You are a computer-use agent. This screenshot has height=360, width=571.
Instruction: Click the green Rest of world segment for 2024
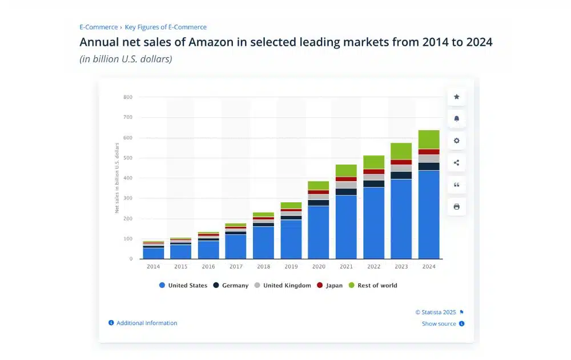tap(429, 139)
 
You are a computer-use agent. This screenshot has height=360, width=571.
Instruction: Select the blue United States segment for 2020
tap(319, 232)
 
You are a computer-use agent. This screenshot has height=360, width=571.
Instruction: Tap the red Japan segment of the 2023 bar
tap(401, 162)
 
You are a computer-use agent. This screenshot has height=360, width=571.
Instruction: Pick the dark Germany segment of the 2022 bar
tap(374, 183)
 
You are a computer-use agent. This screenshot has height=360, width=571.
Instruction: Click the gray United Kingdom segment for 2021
tap(346, 185)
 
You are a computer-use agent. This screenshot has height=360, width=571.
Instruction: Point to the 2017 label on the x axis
tap(235, 267)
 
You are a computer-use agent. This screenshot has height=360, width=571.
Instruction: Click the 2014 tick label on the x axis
tap(152, 267)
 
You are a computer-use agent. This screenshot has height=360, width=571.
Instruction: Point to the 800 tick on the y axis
tap(127, 97)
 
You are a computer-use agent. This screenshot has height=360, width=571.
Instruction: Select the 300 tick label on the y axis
tap(127, 198)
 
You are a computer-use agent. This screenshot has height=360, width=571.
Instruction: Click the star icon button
tap(456, 97)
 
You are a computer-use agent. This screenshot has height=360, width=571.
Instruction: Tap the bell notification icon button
tap(456, 119)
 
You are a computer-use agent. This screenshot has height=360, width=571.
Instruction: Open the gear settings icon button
tap(456, 141)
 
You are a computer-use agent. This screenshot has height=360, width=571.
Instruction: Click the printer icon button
tap(456, 206)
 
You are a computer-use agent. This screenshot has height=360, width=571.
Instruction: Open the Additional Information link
tap(147, 323)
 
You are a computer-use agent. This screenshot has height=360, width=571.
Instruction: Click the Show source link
tap(439, 323)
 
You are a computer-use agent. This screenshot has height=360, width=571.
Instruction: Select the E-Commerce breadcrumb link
tap(98, 27)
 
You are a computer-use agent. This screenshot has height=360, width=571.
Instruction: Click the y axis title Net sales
tap(117, 178)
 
